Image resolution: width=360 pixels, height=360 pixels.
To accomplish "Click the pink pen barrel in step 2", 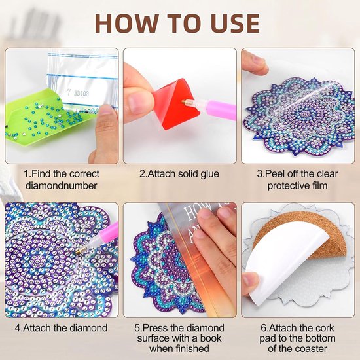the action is pos(221,109).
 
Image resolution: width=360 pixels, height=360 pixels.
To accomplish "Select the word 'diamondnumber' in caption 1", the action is pos(62,185).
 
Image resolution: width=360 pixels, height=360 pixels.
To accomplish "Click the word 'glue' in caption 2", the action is pos(209,174).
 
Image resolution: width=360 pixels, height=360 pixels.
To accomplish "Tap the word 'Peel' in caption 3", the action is pos(275,174).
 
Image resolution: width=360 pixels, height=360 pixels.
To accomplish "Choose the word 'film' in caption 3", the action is pos(319,185).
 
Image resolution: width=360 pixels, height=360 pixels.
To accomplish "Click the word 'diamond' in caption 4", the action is pos(88,328).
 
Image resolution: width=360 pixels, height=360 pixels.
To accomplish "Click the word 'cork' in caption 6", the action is pos(325,328).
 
